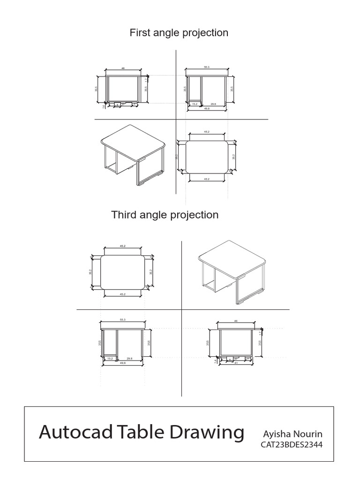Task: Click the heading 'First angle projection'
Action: point(179,33)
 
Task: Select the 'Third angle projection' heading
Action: point(165,215)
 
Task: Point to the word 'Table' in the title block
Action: point(138,432)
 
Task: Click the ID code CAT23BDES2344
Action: point(291,444)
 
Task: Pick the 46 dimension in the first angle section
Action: point(123,68)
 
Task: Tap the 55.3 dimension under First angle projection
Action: point(206,67)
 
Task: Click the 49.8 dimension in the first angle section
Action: point(206,108)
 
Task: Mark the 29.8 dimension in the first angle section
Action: point(213,104)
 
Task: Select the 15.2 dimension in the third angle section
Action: point(110,358)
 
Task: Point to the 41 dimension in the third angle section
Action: point(237,363)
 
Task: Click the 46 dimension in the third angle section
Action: point(236,321)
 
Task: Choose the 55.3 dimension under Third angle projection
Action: point(123,319)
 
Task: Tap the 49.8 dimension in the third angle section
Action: point(123,363)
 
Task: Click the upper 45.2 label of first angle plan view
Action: point(207,132)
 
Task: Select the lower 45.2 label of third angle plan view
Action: point(122,294)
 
